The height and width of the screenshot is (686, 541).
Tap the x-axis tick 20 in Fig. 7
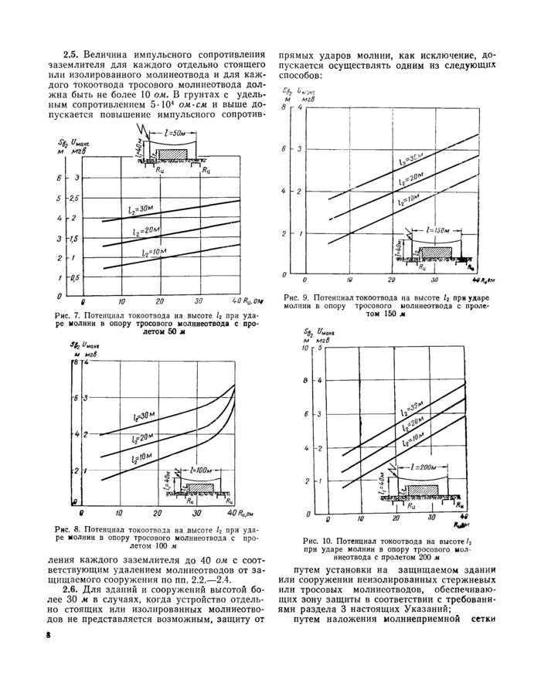click(160, 301)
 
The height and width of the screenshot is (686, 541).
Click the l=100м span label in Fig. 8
click(201, 470)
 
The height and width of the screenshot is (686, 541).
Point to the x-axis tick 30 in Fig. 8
click(196, 513)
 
